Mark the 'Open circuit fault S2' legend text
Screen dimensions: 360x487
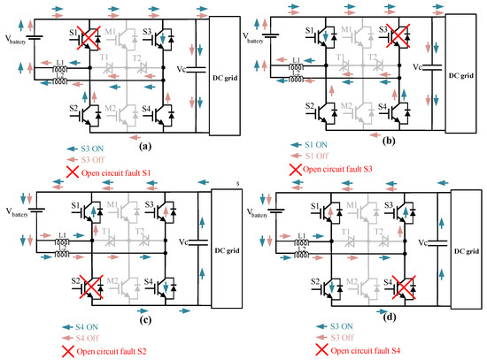(x=98, y=353)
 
